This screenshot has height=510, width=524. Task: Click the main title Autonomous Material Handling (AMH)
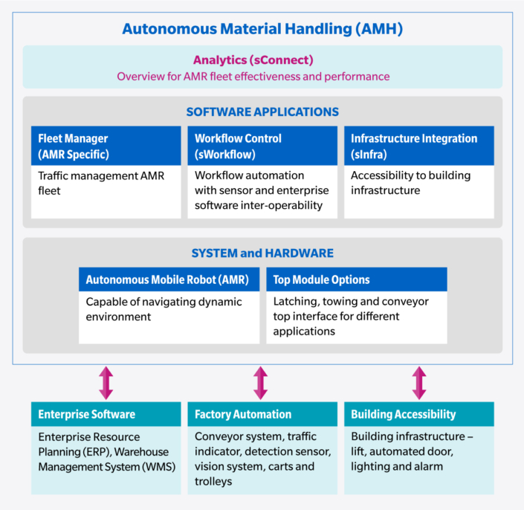262,29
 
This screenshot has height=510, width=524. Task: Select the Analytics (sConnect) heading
253,59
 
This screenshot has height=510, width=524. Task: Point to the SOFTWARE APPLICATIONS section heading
262,112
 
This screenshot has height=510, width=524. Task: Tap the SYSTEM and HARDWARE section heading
262,253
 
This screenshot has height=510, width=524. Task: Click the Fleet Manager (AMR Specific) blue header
106,146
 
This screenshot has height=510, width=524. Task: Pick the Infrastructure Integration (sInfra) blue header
418,146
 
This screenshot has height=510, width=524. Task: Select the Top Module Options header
356,280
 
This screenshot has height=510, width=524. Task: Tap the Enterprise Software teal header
106,414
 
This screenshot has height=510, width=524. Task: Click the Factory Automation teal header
262,414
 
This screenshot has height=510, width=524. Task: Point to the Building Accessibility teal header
418,414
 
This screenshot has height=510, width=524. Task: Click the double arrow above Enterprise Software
106,382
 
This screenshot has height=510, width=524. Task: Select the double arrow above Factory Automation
260,382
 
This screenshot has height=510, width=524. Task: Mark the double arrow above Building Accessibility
419,382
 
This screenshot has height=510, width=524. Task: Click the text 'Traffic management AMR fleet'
100,183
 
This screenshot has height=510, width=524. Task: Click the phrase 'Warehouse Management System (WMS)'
104,459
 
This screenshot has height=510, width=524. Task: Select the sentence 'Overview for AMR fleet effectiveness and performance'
253,76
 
